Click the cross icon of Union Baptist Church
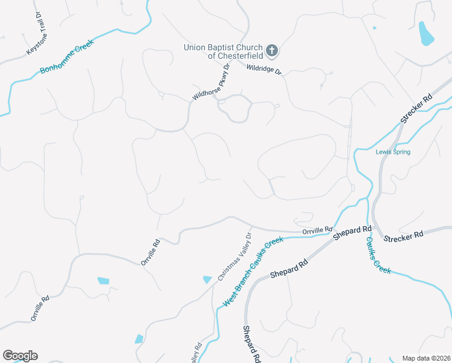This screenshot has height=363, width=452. point(272,51)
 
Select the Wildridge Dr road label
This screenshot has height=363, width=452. point(264,70)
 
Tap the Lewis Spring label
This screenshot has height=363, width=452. point(393,152)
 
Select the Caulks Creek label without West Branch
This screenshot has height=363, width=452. point(379,255)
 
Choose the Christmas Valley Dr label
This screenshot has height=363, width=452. point(234,257)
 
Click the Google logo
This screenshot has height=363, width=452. point(20,356)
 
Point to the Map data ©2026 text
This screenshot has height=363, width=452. point(425,358)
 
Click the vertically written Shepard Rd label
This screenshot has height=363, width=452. point(251,344)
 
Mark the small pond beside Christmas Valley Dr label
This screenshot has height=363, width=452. point(207,279)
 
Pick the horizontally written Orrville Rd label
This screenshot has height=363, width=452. point(317,231)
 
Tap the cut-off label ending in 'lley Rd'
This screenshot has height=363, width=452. point(196,355)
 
